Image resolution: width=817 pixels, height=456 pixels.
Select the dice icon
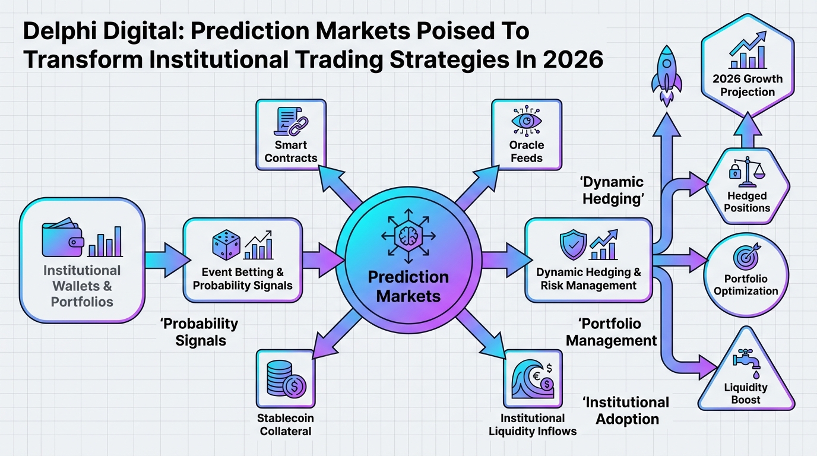coord(226,245)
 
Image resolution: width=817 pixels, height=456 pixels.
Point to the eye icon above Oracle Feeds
coord(526,121)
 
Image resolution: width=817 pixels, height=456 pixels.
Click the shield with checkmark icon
coord(574,245)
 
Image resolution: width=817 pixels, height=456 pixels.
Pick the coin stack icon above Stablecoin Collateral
coord(286,379)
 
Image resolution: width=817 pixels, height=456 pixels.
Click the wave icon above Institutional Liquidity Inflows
coord(533,379)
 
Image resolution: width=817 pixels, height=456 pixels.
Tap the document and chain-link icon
coord(291,122)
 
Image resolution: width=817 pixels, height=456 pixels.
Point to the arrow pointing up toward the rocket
coord(667,182)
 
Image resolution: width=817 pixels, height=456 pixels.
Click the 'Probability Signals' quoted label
coord(199,332)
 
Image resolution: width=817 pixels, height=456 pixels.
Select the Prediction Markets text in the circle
coord(408,286)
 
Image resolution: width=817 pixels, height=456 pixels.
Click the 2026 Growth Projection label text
coord(748,85)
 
